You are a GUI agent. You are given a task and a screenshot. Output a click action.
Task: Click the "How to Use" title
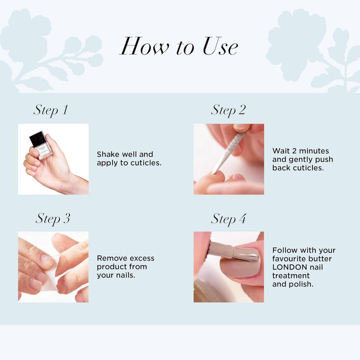(x=179, y=46)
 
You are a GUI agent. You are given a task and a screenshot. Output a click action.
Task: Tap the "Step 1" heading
(x=50, y=110)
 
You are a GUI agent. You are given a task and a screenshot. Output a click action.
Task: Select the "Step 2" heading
(x=228, y=110)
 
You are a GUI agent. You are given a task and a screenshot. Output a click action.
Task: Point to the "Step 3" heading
(x=52, y=218)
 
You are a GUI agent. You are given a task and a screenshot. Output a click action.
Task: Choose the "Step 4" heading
(x=228, y=218)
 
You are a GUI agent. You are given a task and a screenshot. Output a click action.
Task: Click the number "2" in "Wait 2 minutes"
(x=293, y=151)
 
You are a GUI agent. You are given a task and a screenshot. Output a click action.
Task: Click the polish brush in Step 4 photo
(x=230, y=251)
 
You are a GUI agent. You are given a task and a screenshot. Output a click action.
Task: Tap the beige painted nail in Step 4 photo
(x=240, y=265)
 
